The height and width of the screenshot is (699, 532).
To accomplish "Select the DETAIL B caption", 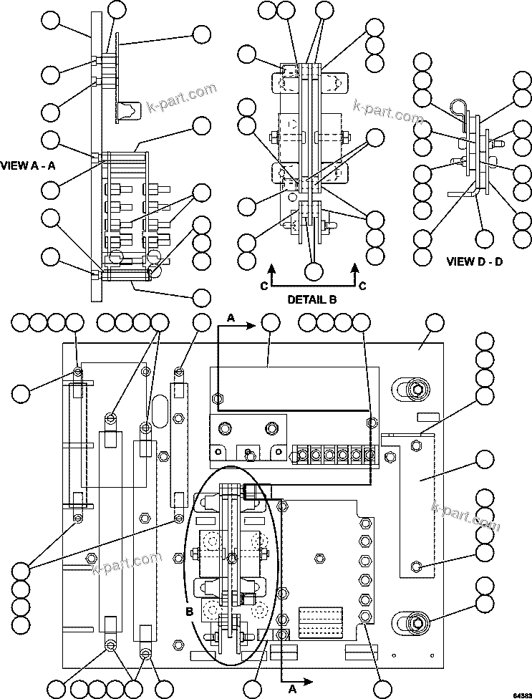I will [x=312, y=299].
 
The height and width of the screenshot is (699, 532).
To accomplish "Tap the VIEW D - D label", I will [x=475, y=261].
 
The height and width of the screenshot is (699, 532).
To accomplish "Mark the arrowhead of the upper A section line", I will [x=253, y=326].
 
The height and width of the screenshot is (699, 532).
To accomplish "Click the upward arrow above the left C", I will [x=272, y=270].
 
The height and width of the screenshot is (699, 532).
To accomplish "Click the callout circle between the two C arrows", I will [x=313, y=271].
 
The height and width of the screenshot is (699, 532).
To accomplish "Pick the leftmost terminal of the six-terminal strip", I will [x=302, y=455].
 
